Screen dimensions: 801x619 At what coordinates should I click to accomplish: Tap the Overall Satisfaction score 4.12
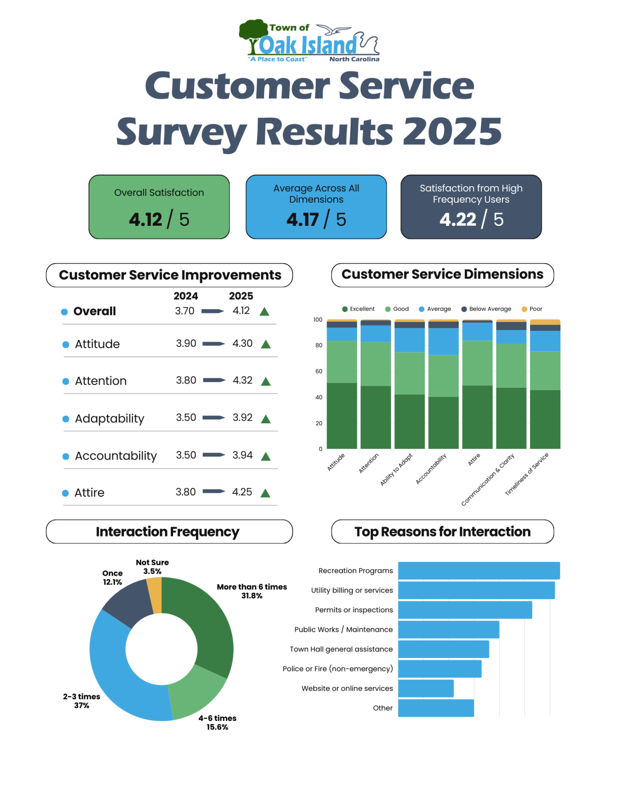(x=146, y=220)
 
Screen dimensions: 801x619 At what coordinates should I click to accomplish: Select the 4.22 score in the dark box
(x=457, y=220)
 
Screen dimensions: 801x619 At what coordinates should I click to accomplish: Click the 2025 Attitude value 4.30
(x=242, y=343)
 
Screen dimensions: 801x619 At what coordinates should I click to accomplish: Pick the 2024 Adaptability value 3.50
(x=186, y=417)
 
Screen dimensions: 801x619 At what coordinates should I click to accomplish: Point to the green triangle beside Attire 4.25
(x=265, y=493)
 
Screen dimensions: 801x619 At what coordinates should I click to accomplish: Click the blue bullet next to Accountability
(x=66, y=456)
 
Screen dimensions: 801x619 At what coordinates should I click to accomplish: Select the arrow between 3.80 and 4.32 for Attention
(x=214, y=380)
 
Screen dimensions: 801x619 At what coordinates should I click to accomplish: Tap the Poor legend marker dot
(x=524, y=309)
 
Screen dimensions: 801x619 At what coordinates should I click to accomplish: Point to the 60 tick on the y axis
(x=318, y=371)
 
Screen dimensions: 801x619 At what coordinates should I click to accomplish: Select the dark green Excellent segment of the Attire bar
(x=477, y=417)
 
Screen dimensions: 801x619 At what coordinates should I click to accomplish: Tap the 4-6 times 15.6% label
(x=217, y=723)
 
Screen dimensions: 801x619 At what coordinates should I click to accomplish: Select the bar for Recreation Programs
(x=479, y=571)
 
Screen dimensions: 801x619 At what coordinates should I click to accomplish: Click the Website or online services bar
(x=426, y=688)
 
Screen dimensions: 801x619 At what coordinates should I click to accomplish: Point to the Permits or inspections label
(x=354, y=610)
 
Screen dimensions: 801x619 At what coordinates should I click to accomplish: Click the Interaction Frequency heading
(x=168, y=532)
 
